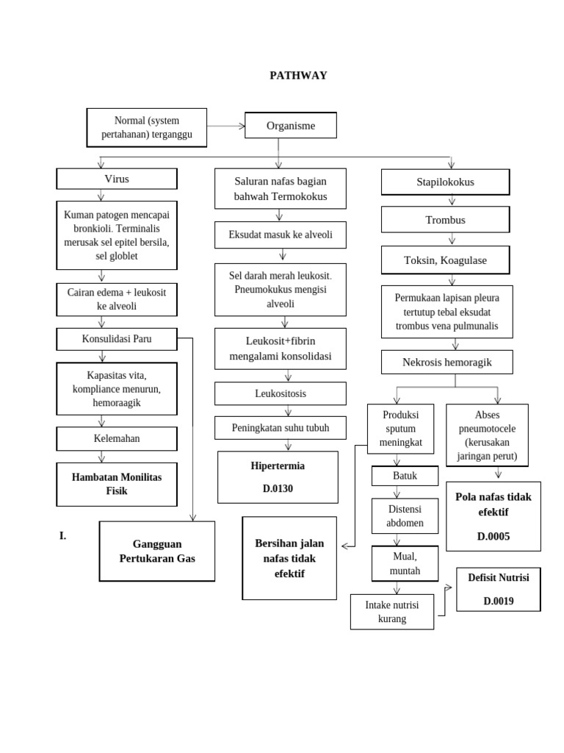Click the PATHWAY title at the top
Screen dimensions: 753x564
coord(298,75)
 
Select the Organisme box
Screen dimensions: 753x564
coord(290,126)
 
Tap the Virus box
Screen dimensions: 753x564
coord(117,179)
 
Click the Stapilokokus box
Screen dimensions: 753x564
coord(445,182)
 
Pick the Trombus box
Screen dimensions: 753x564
coord(445,220)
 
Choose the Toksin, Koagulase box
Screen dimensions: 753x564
coord(445,260)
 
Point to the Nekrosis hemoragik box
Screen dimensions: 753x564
coord(446,362)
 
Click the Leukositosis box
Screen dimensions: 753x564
coord(280,393)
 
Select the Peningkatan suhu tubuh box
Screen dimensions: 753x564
coord(280,427)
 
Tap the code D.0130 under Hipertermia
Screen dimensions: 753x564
coord(278,488)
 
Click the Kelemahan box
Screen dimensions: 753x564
coord(117,438)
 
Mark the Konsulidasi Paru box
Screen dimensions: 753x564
coord(117,339)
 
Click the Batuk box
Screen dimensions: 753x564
coord(405,476)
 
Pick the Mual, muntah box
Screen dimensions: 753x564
coord(405,563)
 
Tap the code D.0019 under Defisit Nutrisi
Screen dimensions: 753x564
coord(498,601)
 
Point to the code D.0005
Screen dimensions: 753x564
coord(493,536)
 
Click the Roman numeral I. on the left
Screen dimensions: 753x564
coord(63,536)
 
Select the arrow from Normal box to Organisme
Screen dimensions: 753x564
coord(225,126)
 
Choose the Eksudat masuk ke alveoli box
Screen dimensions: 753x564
coord(280,235)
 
